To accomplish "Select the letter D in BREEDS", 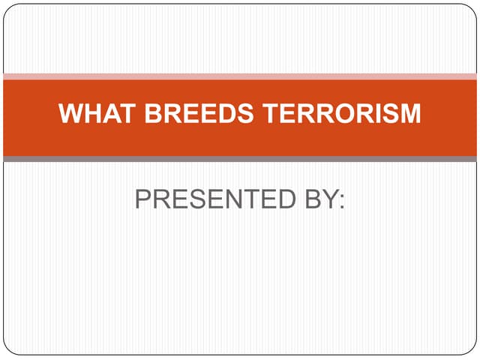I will pyautogui.click(x=222, y=114).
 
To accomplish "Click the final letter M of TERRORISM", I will pyautogui.click(x=409, y=114).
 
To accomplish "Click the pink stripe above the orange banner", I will pyautogui.click(x=240, y=76).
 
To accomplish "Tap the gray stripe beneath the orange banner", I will pyautogui.click(x=240, y=159).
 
